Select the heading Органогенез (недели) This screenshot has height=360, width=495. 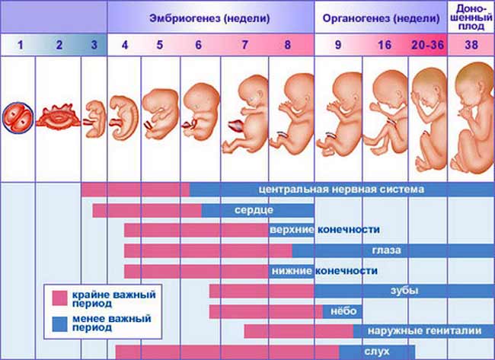pos(371,17)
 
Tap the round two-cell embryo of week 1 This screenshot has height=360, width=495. pos(19,119)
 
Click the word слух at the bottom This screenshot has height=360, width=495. pos(378,352)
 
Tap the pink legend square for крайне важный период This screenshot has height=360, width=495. pos(59,298)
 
